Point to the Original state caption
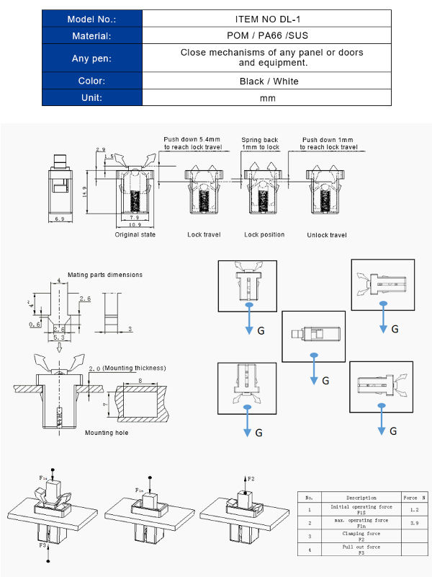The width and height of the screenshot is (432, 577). coord(135,234)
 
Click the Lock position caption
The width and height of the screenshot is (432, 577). coord(264,234)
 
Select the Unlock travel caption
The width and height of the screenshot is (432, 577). coord(328,235)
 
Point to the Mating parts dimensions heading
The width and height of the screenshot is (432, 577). coord(105,275)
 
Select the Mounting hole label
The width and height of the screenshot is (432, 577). coord(104,432)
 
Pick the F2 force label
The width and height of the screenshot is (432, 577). coord(251,478)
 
